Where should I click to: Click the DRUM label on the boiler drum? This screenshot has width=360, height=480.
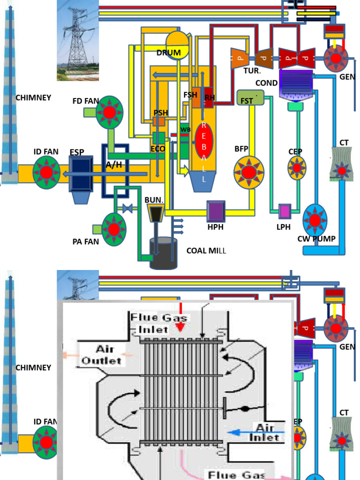(x=169, y=52)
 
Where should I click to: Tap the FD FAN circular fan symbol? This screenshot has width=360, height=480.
(x=109, y=112)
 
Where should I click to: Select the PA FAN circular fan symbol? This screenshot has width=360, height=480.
(x=114, y=229)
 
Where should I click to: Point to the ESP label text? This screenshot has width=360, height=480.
(x=77, y=152)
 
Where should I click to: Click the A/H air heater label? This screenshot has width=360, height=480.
(x=114, y=165)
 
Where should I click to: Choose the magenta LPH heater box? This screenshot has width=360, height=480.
(x=285, y=211)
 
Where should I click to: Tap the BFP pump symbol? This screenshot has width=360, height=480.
(x=249, y=172)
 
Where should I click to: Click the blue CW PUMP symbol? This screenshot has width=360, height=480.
(x=315, y=220)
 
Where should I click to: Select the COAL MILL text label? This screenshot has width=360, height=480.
(x=206, y=251)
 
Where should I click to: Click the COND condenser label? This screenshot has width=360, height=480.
(x=266, y=83)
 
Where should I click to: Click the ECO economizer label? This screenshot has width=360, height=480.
(x=158, y=149)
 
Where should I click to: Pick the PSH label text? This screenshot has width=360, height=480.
(x=161, y=112)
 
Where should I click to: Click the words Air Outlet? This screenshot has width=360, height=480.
(x=102, y=355)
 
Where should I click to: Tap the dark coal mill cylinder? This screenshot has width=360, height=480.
(x=163, y=253)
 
